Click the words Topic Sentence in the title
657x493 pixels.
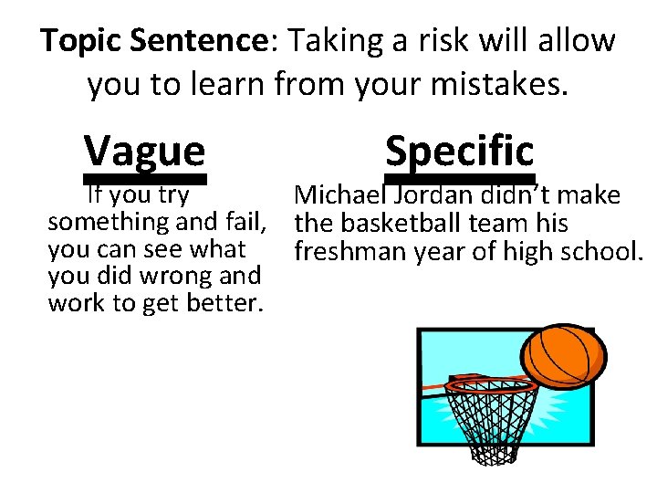click(x=151, y=41)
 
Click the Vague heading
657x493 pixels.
click(x=144, y=149)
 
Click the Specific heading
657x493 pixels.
click(x=459, y=149)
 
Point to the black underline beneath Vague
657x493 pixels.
click(x=145, y=180)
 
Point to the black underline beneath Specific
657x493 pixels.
click(x=459, y=180)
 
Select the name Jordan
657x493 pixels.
click(x=431, y=195)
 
